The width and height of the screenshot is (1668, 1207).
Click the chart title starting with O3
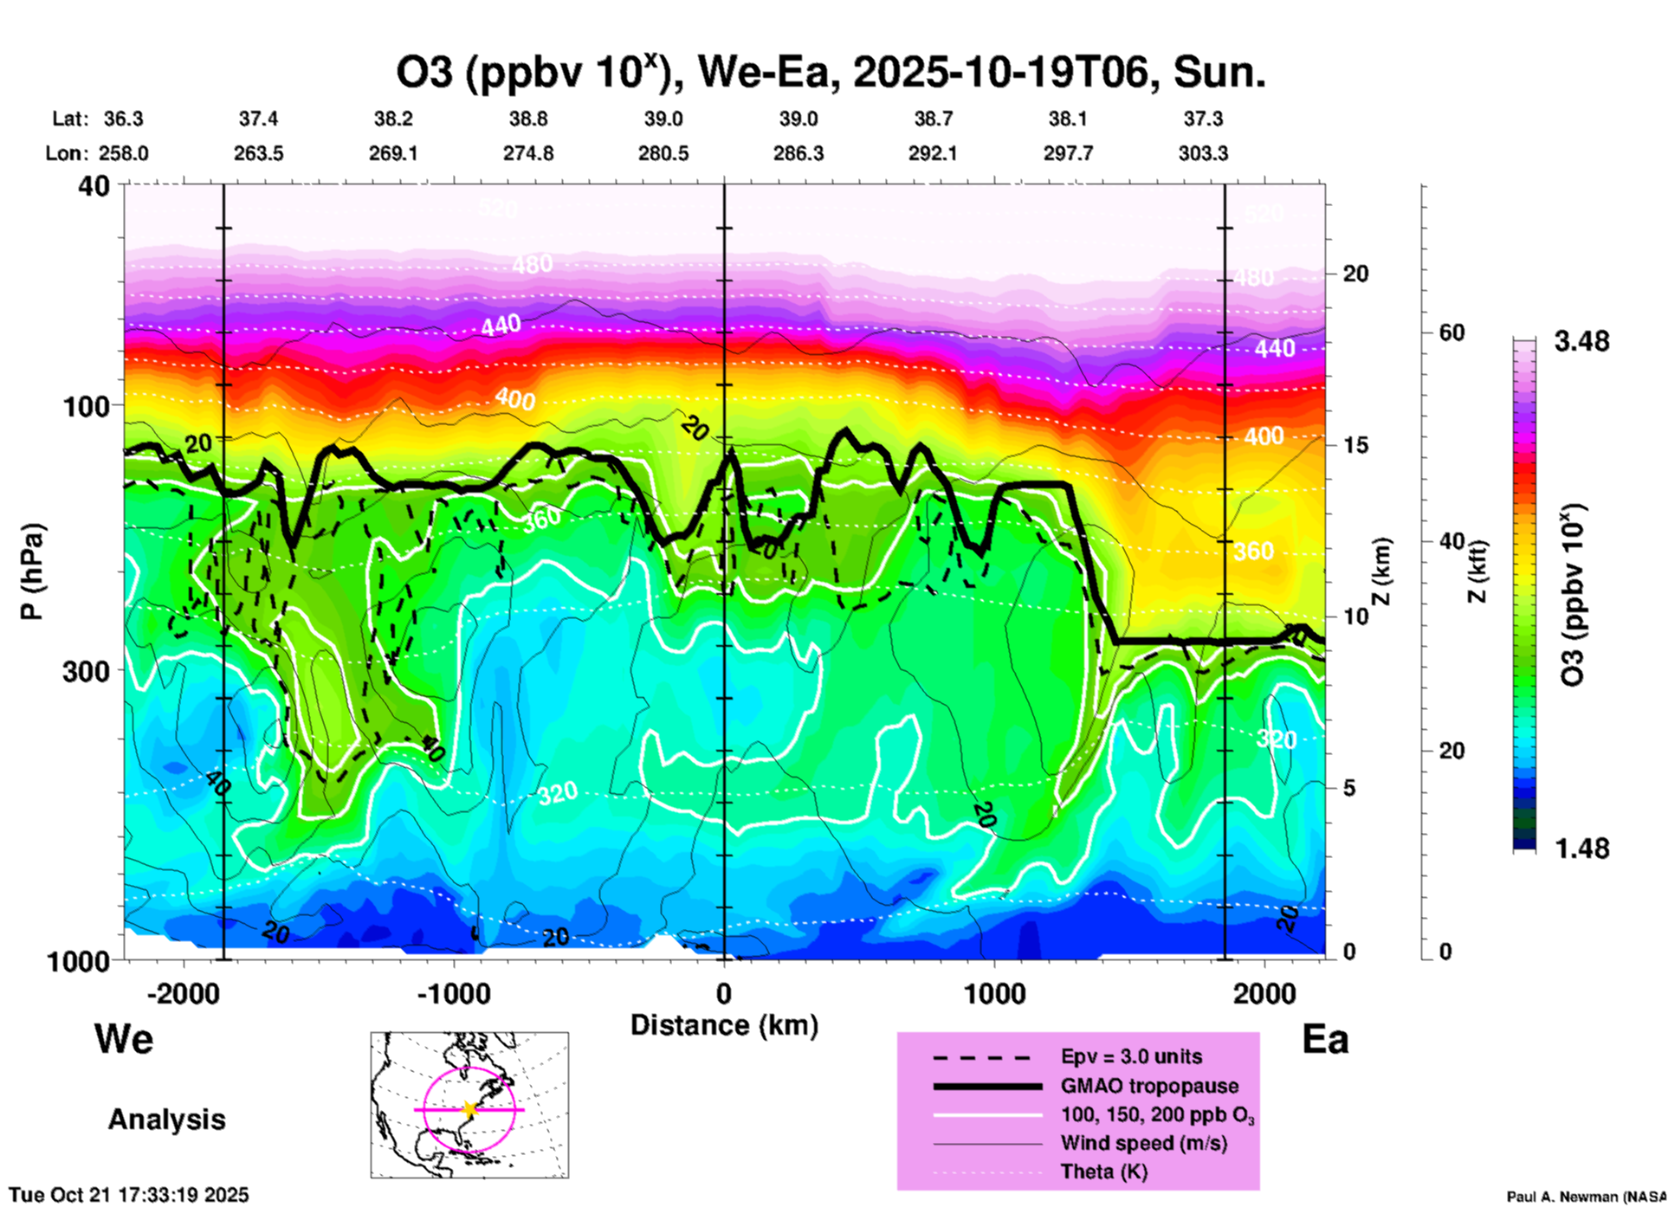(830, 73)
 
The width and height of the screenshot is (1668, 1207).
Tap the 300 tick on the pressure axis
(86, 671)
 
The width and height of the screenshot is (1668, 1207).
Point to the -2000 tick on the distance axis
(184, 993)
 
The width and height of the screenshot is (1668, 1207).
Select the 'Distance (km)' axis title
(724, 1025)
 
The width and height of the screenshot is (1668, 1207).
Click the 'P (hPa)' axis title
(32, 571)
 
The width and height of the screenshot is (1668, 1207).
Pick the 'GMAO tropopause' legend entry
(1149, 1086)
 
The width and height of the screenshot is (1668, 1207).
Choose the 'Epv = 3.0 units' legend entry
(1131, 1057)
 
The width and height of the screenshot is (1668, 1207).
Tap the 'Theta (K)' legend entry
(1103, 1171)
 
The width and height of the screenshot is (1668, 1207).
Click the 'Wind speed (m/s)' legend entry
(1143, 1143)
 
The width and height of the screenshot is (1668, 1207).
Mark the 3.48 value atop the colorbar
(1581, 342)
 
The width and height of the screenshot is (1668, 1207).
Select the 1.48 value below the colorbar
(1581, 849)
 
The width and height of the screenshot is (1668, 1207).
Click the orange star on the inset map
(469, 1109)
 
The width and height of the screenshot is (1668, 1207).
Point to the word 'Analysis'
(166, 1120)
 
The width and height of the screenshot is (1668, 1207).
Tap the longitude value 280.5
(663, 153)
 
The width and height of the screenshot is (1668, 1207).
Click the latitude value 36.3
(124, 119)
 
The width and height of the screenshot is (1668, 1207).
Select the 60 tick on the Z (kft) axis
(1451, 332)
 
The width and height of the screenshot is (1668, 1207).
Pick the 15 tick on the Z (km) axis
(1354, 445)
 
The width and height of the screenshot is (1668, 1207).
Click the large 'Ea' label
(1325, 1040)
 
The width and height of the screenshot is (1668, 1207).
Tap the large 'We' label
(124, 1039)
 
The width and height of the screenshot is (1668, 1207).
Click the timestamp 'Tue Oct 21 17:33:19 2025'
(129, 1195)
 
